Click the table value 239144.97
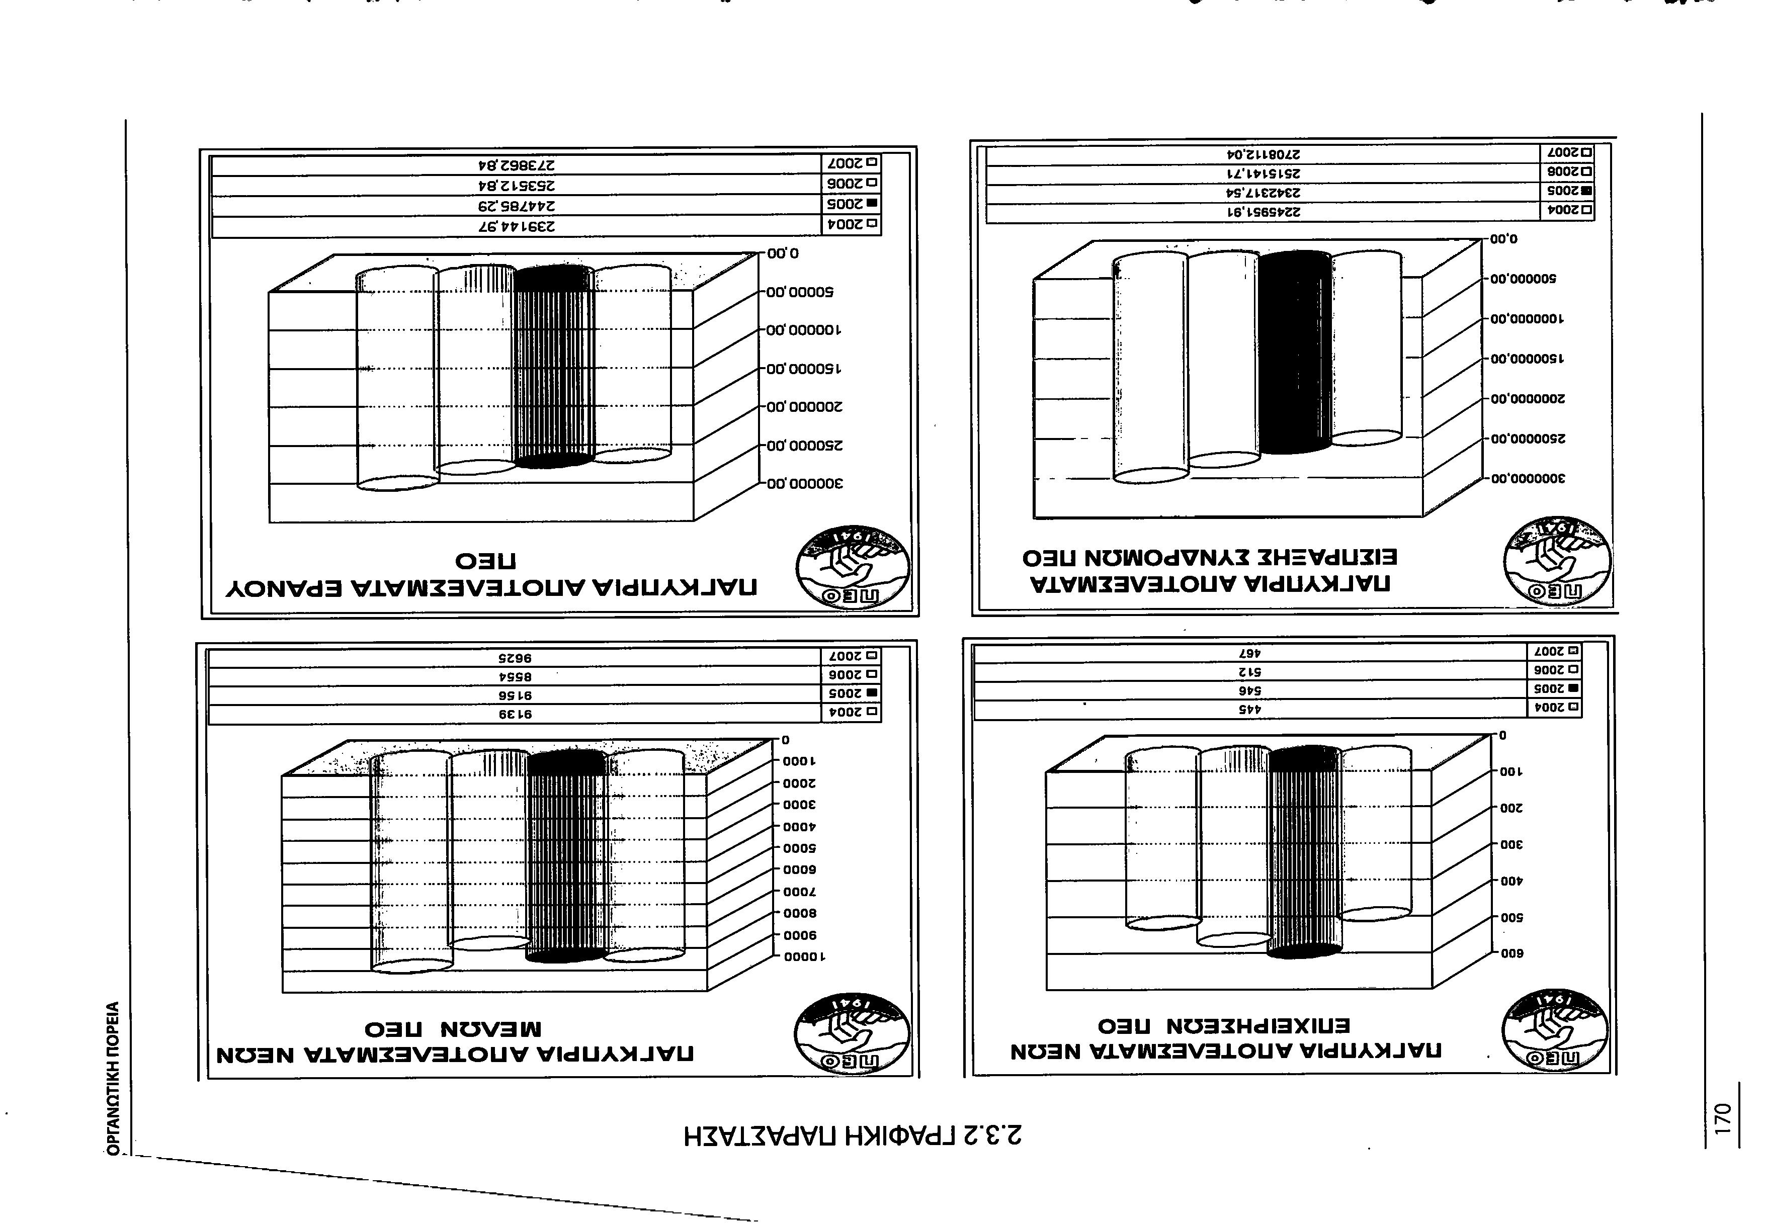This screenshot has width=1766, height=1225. pyautogui.click(x=516, y=226)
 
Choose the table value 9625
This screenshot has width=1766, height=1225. pyautogui.click(x=516, y=658)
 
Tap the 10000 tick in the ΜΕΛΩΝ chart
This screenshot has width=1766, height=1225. pyautogui.click(x=804, y=957)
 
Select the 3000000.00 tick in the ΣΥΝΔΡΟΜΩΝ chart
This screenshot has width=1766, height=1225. pyautogui.click(x=1527, y=479)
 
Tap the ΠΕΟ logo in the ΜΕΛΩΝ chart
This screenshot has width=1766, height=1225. pyautogui.click(x=853, y=1033)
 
